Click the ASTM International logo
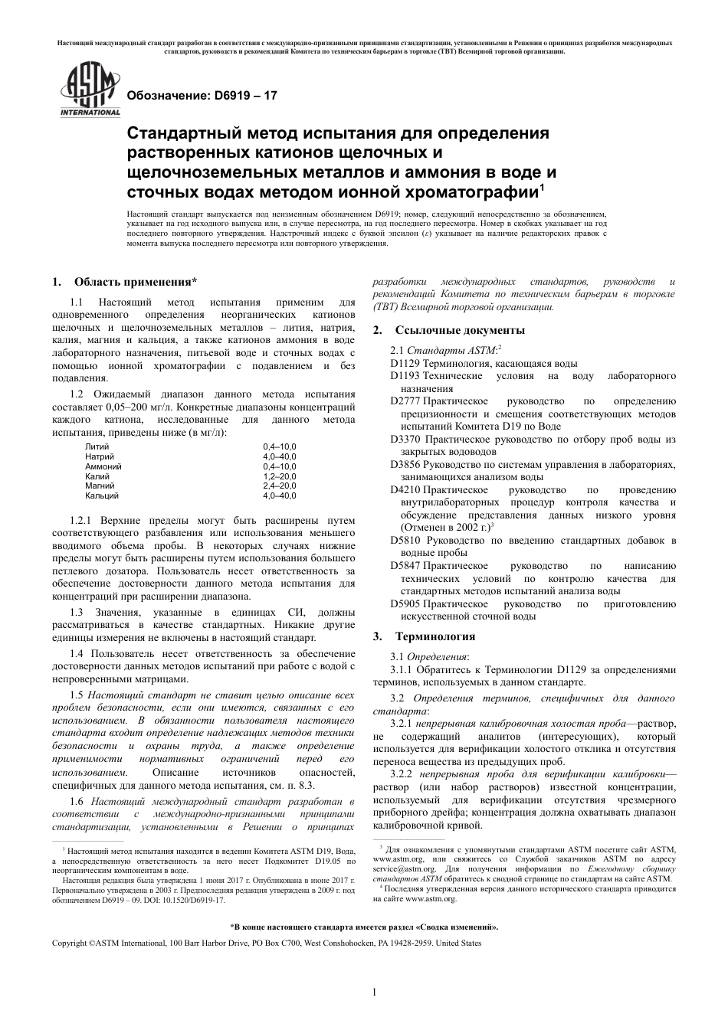coord(89,91)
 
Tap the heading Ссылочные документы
coord(459,330)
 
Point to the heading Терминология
coord(435,636)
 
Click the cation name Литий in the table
coord(97,446)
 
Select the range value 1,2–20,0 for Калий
coord(279,476)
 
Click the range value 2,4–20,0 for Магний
coord(279,486)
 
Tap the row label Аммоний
coord(103,466)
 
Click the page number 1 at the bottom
coord(374,992)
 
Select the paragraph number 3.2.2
coord(402,775)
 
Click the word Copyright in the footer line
coord(69,943)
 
